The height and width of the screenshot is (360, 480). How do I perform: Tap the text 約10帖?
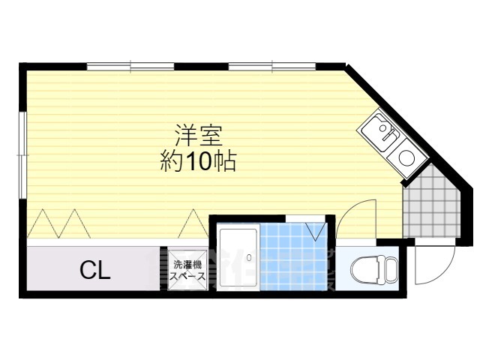click(198, 160)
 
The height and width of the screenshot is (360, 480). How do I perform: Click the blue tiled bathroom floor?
click(293, 259)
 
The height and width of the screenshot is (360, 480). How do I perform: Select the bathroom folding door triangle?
click(316, 229)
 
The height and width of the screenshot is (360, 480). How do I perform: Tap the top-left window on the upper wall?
click(130, 66)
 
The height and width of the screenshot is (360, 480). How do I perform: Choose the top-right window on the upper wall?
click(272, 66)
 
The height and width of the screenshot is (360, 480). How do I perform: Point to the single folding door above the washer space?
click(191, 223)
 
